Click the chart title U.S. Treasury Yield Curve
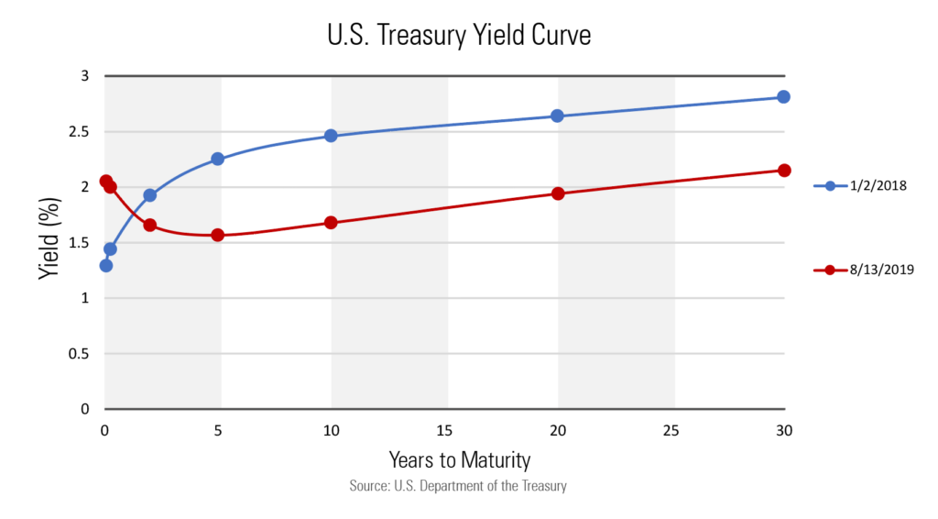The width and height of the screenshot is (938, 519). tap(458, 36)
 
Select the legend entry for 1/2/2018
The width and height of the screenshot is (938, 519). tap(865, 185)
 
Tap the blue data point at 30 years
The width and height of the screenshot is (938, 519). tap(783, 96)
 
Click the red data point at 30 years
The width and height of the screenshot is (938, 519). tap(784, 170)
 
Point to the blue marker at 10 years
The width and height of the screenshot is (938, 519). tap(331, 136)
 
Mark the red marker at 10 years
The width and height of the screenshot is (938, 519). tap(331, 223)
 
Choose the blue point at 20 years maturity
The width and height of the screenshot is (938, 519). tap(557, 116)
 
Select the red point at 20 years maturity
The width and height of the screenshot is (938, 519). tap(557, 193)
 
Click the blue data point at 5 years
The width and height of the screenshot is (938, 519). tap(217, 159)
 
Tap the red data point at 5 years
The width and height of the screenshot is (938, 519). tap(217, 235)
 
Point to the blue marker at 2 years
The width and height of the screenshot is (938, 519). tap(150, 195)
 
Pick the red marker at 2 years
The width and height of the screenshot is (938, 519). tap(150, 225)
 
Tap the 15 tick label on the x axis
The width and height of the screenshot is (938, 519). tap(444, 430)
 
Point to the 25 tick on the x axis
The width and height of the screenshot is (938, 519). tap(671, 430)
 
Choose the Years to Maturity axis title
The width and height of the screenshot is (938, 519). tap(459, 458)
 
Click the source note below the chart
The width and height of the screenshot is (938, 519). tap(458, 486)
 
